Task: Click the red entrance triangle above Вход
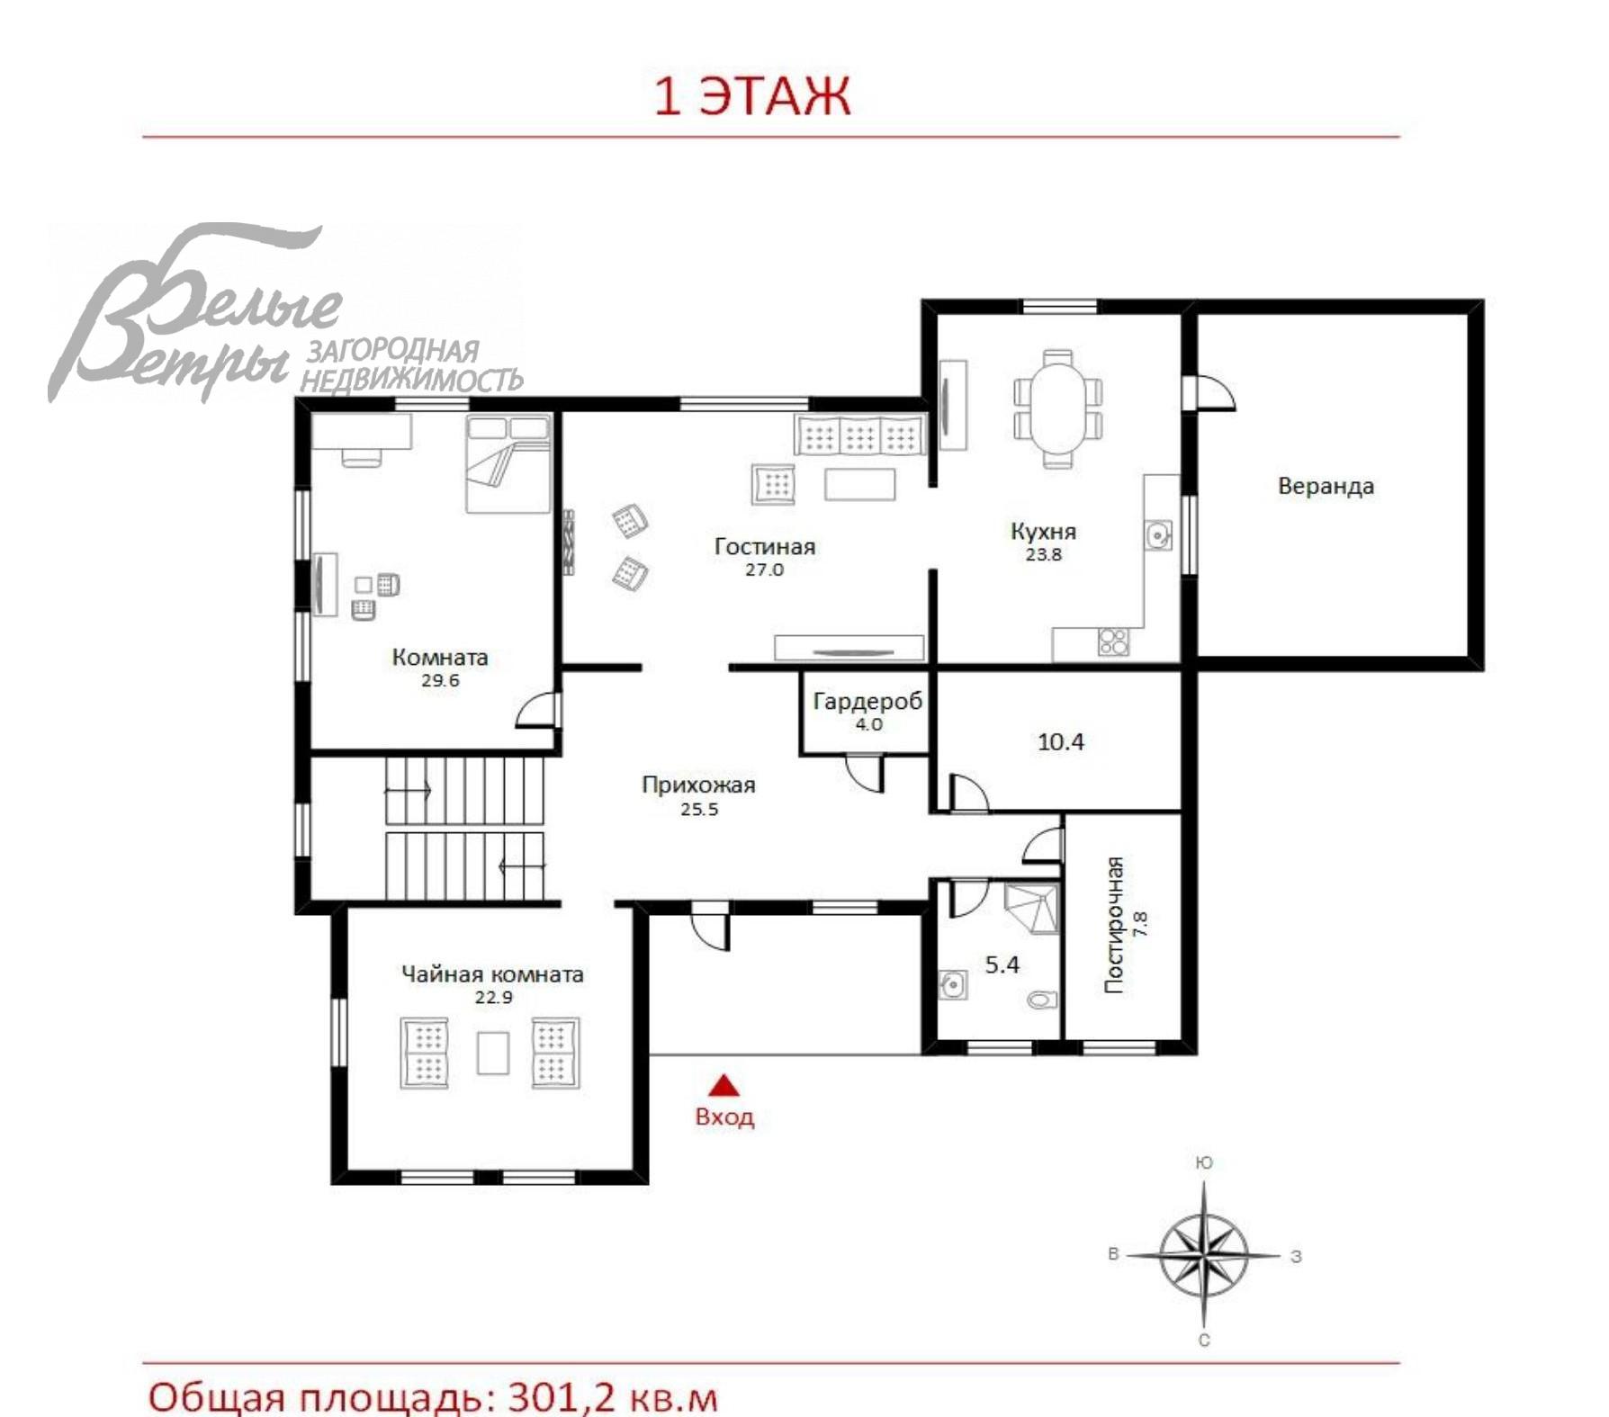[x=724, y=1087]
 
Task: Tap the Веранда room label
[x=1326, y=487]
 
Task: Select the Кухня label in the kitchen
[x=1043, y=532]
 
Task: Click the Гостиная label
[x=764, y=546]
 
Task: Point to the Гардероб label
[x=867, y=702]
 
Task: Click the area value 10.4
[x=1060, y=742]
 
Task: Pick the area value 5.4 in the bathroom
[x=1002, y=965]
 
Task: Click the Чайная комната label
[x=492, y=974]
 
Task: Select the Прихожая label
[x=698, y=785]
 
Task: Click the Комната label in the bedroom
[x=440, y=658]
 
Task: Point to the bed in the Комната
[x=508, y=464]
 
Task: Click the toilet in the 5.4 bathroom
[x=1043, y=1000]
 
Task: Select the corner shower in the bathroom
[x=1032, y=908]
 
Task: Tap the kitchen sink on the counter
[x=1158, y=535]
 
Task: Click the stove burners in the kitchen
[x=1113, y=641]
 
